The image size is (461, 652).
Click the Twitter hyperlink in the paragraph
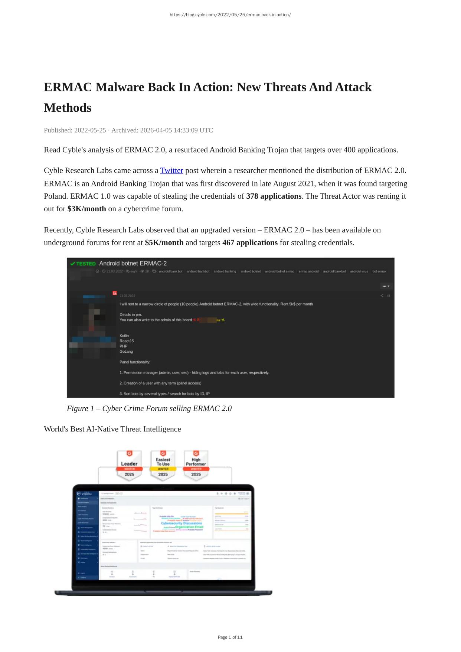click(171, 170)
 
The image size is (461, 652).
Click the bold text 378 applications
click(274, 196)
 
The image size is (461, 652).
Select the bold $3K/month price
click(86, 209)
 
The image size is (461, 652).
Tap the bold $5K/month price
click(164, 242)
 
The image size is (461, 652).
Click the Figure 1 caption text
click(149, 408)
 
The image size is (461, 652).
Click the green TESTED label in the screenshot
click(83, 264)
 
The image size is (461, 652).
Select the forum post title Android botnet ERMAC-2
click(133, 263)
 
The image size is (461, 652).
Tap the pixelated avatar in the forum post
click(92, 327)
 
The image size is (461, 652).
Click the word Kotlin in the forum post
click(124, 336)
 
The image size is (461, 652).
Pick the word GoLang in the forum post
click(126, 351)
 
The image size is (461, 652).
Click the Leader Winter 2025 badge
click(129, 465)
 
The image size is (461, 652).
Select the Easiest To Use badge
click(163, 465)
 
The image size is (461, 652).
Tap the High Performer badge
click(196, 465)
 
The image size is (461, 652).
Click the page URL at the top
click(230, 15)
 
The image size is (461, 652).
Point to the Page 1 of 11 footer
click(230, 637)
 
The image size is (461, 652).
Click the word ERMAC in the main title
click(68, 87)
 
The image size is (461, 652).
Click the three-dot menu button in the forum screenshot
click(386, 286)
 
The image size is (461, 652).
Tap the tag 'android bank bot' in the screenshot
click(170, 271)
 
